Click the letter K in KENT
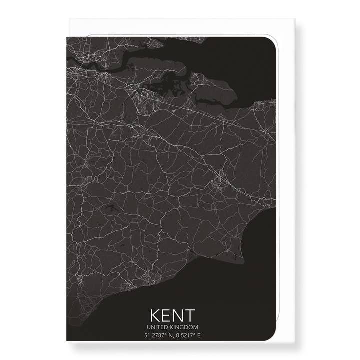(x=155, y=316)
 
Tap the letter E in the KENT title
(x=167, y=316)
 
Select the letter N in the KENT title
(x=179, y=316)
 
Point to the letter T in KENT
(x=191, y=316)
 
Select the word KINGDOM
(x=184, y=327)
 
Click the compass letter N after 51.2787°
(x=165, y=335)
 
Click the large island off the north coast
(x=210, y=90)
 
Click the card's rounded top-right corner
(x=270, y=43)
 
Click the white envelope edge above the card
(x=175, y=27)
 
